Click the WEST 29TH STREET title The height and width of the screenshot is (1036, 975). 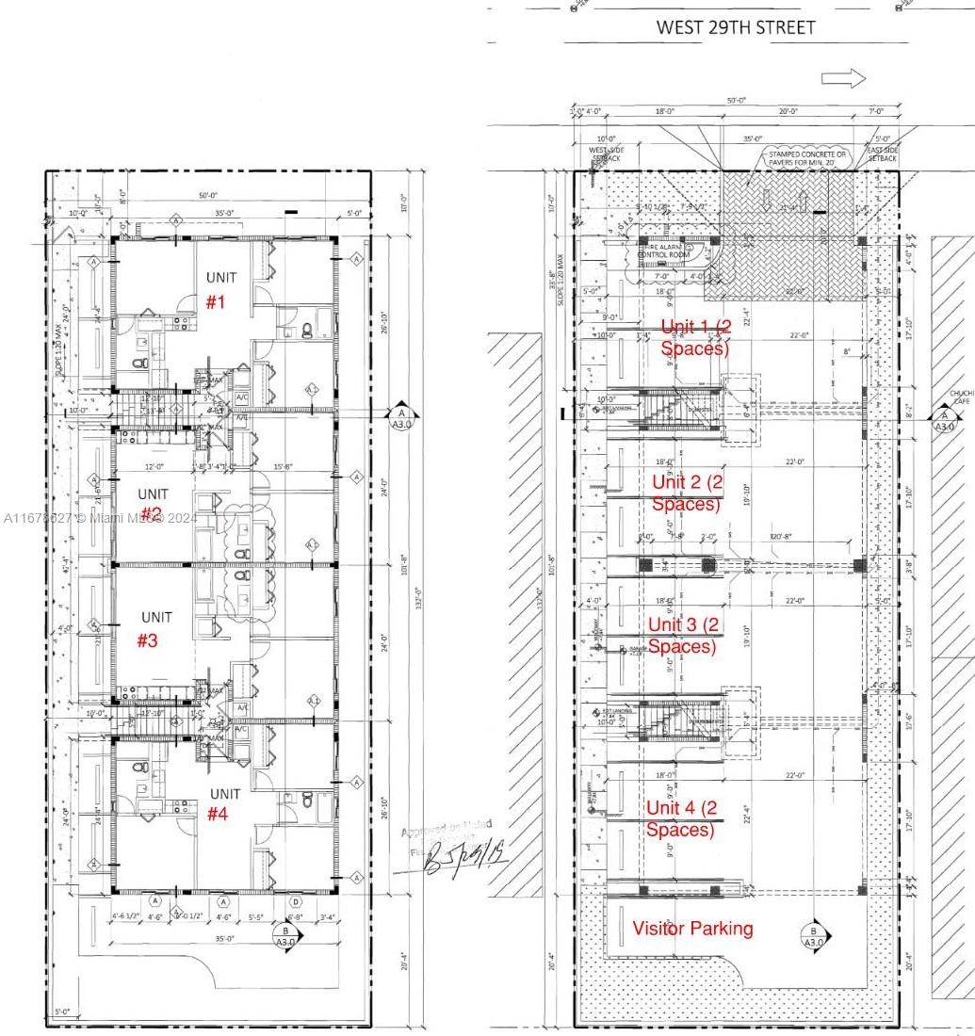736,27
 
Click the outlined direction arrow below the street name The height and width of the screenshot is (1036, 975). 843,79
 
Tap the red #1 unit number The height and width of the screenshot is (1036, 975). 218,302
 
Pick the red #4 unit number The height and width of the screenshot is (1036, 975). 218,814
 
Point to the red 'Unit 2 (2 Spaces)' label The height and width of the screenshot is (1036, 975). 688,493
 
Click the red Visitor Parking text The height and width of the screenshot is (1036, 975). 692,929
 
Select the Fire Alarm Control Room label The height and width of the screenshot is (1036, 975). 664,251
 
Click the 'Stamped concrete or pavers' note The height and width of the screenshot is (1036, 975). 807,157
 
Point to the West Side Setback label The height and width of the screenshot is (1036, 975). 606,154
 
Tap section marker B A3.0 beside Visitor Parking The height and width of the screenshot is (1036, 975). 814,936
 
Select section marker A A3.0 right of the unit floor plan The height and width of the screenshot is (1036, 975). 402,415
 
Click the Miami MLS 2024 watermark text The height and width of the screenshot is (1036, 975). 100,517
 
